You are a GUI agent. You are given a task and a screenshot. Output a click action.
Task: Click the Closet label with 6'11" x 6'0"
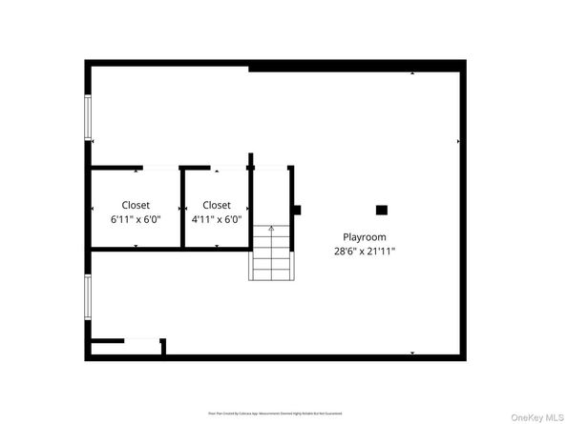136,205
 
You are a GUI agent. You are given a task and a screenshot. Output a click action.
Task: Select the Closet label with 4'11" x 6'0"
217,205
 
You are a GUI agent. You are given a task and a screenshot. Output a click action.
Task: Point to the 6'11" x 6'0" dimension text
136,219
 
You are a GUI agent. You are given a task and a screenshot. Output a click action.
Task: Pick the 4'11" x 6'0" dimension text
217,219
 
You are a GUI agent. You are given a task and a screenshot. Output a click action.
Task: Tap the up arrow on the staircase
271,230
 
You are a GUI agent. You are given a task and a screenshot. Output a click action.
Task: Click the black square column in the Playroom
381,210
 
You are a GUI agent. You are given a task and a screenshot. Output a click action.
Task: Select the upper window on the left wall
88,116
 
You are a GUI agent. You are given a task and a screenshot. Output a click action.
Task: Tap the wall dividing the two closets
181,208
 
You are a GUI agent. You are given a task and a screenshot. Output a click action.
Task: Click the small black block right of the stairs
297,210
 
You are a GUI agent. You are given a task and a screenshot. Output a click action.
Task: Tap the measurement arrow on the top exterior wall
412,72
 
